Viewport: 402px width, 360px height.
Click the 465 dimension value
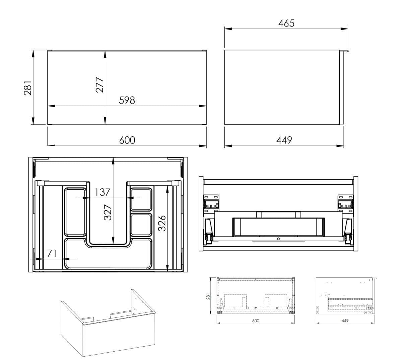pyautogui.click(x=286, y=23)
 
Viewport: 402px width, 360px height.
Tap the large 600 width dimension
pyautogui.click(x=127, y=140)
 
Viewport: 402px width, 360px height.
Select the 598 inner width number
pyautogui.click(x=127, y=100)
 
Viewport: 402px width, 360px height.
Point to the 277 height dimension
pyautogui.click(x=99, y=85)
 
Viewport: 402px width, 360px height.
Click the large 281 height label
pyautogui.click(x=28, y=88)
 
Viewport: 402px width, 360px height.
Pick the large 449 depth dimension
pyautogui.click(x=284, y=140)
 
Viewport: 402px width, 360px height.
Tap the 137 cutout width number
pyautogui.click(x=102, y=192)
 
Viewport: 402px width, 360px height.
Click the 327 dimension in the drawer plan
pyautogui.click(x=108, y=213)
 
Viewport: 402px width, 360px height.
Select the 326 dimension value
pyautogui.click(x=162, y=223)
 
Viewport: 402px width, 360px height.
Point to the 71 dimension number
pyautogui.click(x=52, y=253)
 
